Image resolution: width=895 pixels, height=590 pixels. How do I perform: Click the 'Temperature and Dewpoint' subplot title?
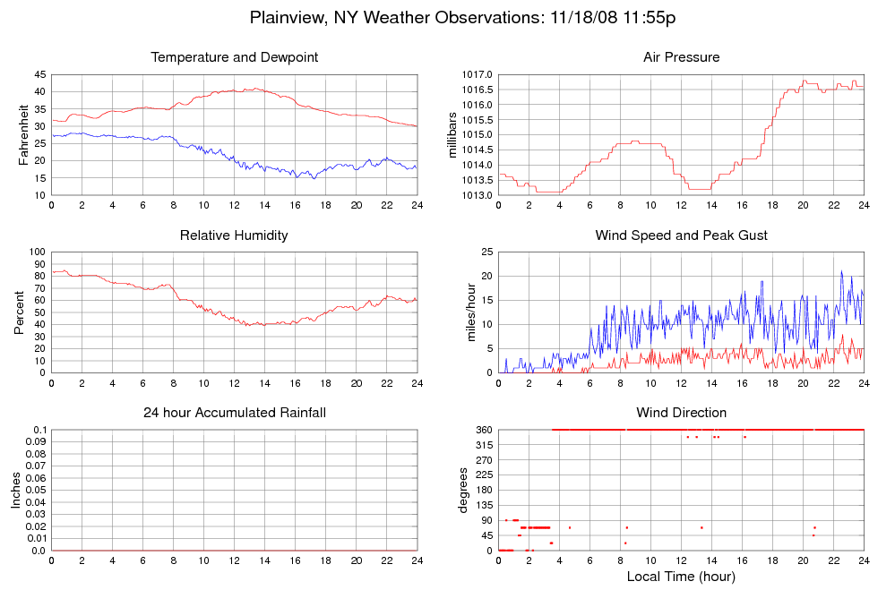(x=234, y=57)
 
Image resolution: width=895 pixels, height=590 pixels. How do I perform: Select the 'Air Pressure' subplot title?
(x=681, y=57)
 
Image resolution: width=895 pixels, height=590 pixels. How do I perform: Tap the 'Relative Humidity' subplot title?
(x=234, y=235)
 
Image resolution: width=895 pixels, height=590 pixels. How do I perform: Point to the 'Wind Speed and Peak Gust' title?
(x=681, y=235)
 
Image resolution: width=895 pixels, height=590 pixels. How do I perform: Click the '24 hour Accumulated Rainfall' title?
(x=234, y=413)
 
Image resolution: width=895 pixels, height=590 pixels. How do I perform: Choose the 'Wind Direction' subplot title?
(x=681, y=413)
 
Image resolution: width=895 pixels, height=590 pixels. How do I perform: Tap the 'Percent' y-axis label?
(x=19, y=312)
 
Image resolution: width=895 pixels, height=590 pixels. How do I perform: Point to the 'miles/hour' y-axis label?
(x=465, y=312)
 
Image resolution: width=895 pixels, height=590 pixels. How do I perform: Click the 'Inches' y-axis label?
(x=15, y=491)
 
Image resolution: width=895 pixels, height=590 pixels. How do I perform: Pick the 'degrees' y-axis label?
(x=464, y=491)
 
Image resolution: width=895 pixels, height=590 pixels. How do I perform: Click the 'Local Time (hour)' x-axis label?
(x=681, y=577)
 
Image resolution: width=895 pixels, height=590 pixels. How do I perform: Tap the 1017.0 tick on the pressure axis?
(x=474, y=74)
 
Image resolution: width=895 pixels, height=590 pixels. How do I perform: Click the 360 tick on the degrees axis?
(x=482, y=431)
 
